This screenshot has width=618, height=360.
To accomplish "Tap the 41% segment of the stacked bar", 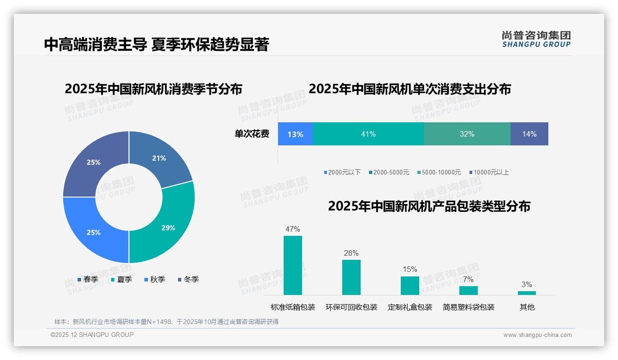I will (368, 134).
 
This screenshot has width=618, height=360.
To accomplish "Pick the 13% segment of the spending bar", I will (295, 134).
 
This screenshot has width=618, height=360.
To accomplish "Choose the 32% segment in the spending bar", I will (467, 134).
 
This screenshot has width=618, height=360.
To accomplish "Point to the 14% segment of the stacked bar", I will (529, 134).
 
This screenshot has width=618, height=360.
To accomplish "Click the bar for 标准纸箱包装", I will (292, 265).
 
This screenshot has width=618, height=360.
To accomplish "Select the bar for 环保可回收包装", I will (351, 277).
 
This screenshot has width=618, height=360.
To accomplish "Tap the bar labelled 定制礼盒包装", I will (410, 285).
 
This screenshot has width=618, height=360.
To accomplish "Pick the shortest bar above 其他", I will (527, 293).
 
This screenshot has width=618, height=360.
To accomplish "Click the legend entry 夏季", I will (121, 279).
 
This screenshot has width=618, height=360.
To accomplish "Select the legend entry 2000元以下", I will (342, 172).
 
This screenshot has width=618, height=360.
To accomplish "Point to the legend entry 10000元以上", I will (489, 172).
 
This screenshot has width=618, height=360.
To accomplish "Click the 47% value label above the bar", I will (292, 229).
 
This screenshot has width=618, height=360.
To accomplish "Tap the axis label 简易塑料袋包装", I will (468, 307).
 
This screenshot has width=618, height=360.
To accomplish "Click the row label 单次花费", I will (252, 134).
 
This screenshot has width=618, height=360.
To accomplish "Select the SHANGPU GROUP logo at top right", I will (536, 39).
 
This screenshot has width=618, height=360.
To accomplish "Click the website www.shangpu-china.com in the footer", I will (537, 335).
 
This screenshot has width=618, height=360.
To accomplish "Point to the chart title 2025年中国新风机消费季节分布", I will (153, 89).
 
